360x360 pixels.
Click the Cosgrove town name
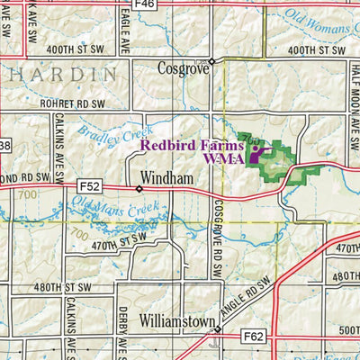(x=182, y=68)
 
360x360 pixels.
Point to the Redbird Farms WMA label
(x=190, y=150)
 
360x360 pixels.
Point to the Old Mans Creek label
(x=113, y=216)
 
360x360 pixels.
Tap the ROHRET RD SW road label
(x=72, y=104)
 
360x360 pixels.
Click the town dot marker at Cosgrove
(x=211, y=61)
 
